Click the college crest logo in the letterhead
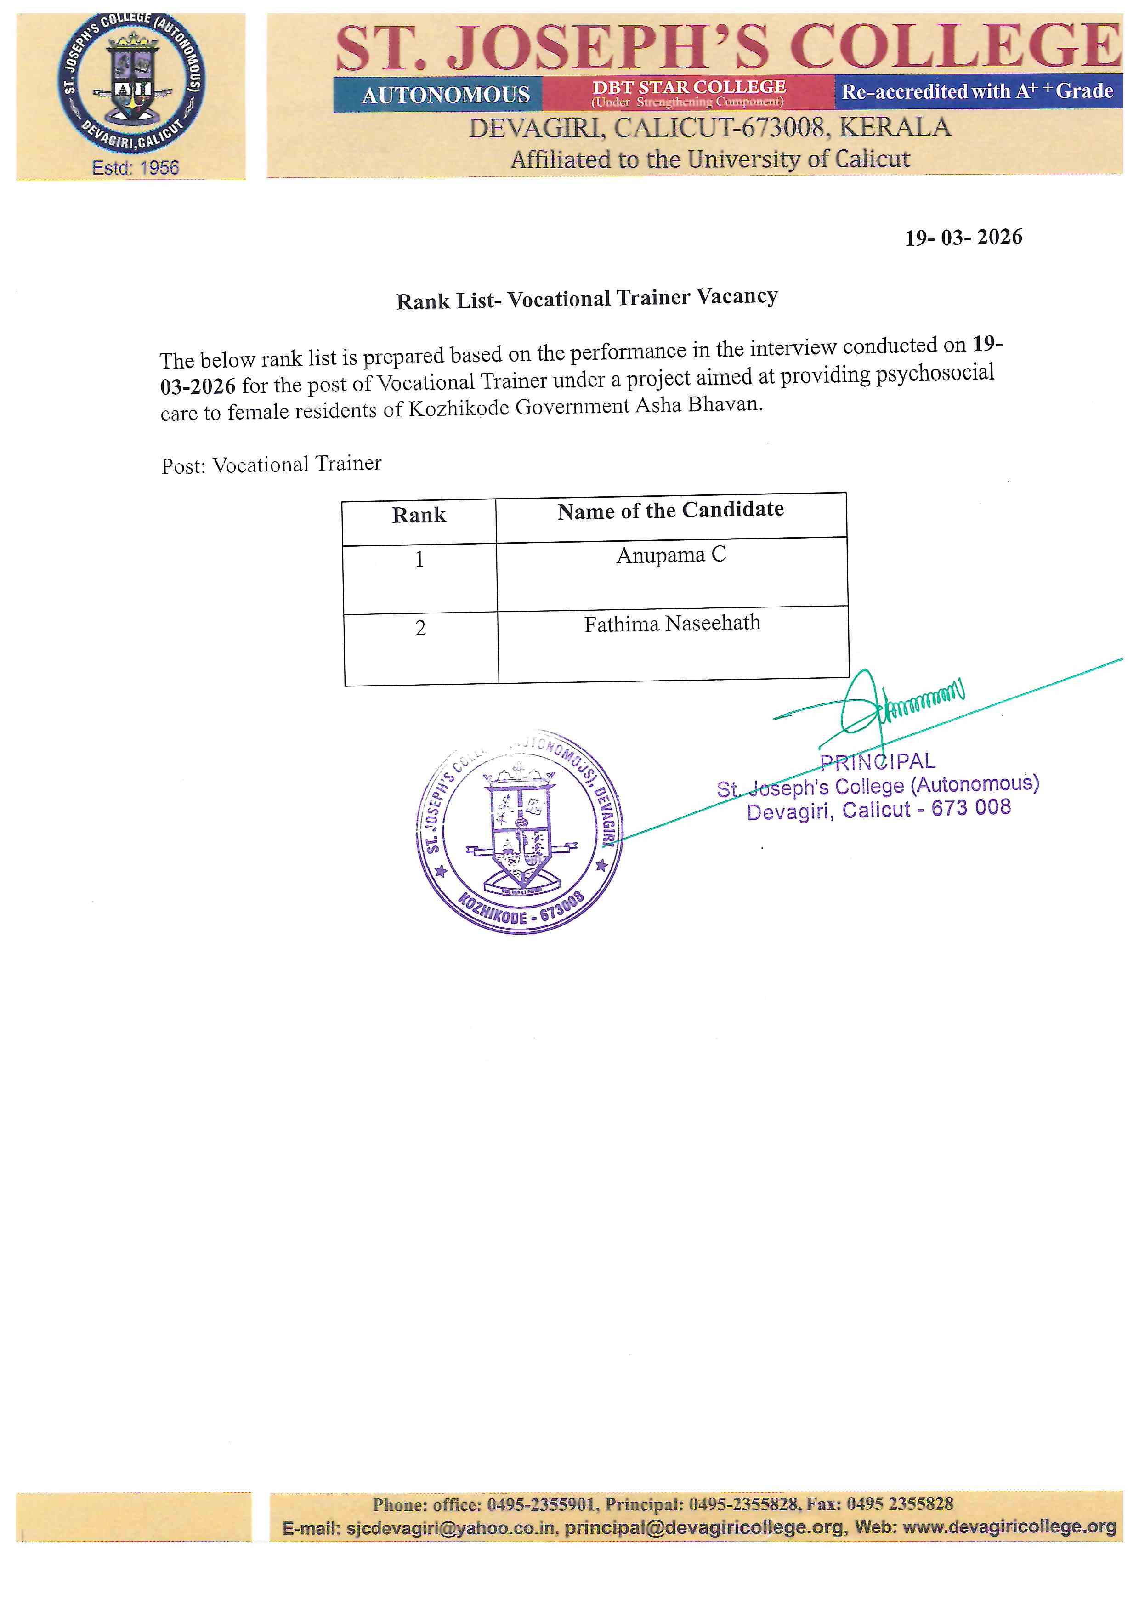[x=131, y=83]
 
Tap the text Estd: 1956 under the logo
[x=136, y=168]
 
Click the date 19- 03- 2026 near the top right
[x=963, y=237]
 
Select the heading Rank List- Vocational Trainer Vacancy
[x=587, y=299]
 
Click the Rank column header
[x=419, y=515]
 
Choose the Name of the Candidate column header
[x=670, y=510]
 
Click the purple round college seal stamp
[x=519, y=831]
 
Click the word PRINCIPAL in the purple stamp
[x=877, y=762]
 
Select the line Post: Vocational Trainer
[x=272, y=465]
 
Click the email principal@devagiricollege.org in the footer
[x=705, y=1527]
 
